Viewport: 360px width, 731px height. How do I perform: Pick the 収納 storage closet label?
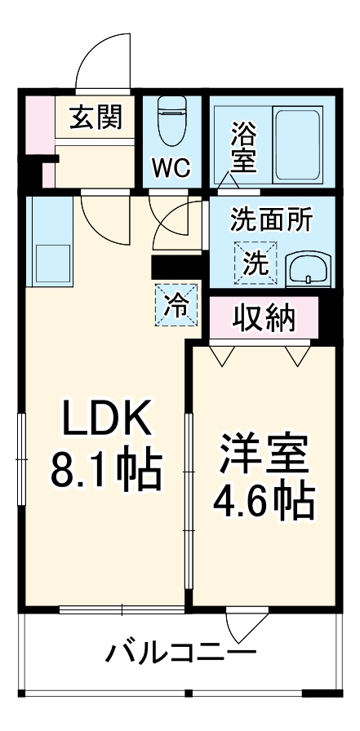coord(264,318)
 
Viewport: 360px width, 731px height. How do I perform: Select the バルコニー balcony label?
coord(180,653)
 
